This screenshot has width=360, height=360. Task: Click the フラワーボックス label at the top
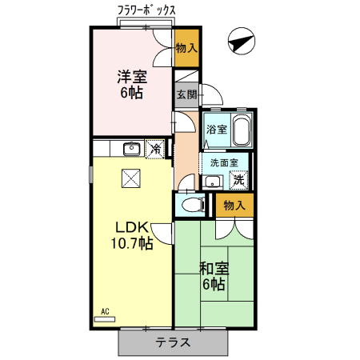(x=146, y=10)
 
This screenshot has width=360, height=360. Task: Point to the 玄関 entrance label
(x=186, y=94)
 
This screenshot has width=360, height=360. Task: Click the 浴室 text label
(x=216, y=129)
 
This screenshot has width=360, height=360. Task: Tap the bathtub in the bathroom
(x=241, y=129)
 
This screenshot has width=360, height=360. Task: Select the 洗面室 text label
(x=224, y=162)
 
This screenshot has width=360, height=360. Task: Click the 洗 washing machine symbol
(x=238, y=179)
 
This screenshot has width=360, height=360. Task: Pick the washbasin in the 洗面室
(x=212, y=182)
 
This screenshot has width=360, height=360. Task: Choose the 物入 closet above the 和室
(x=234, y=206)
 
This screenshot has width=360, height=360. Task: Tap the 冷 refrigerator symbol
(x=158, y=148)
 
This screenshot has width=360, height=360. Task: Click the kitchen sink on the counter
(x=131, y=149)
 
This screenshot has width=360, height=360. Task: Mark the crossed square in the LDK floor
(x=130, y=178)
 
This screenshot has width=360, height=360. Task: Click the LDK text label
(x=132, y=227)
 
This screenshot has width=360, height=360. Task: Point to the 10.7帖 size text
(x=132, y=245)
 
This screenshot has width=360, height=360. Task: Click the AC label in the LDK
(x=104, y=311)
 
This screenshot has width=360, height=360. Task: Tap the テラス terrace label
(x=173, y=342)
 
